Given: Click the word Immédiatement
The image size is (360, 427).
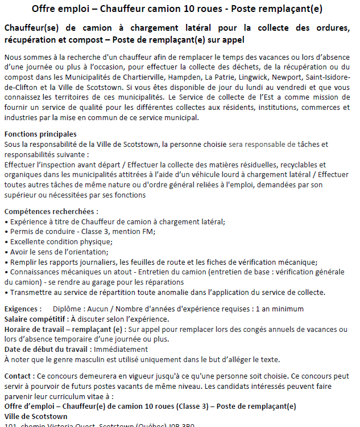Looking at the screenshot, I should [x=121, y=349].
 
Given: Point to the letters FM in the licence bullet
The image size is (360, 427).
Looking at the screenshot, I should [x=149, y=231].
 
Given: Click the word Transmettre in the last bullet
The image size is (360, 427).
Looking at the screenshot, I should [x=31, y=292].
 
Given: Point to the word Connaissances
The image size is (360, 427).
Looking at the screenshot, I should [x=35, y=272].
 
